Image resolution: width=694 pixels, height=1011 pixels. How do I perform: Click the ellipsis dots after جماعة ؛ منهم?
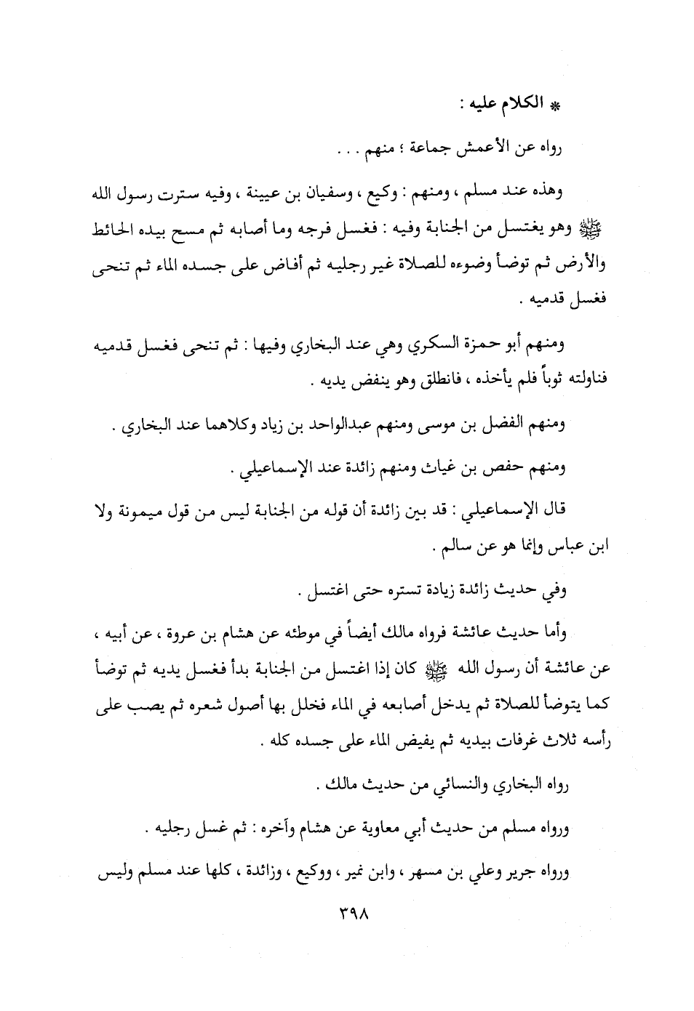coord(338,153)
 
